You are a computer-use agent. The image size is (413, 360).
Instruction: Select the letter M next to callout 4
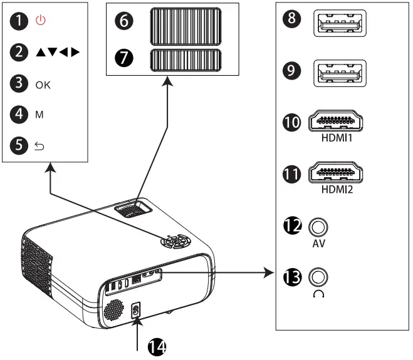coord(39,115)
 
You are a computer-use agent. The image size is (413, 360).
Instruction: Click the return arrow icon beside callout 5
coord(40,146)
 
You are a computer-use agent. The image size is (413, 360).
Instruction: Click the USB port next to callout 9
coord(339,74)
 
